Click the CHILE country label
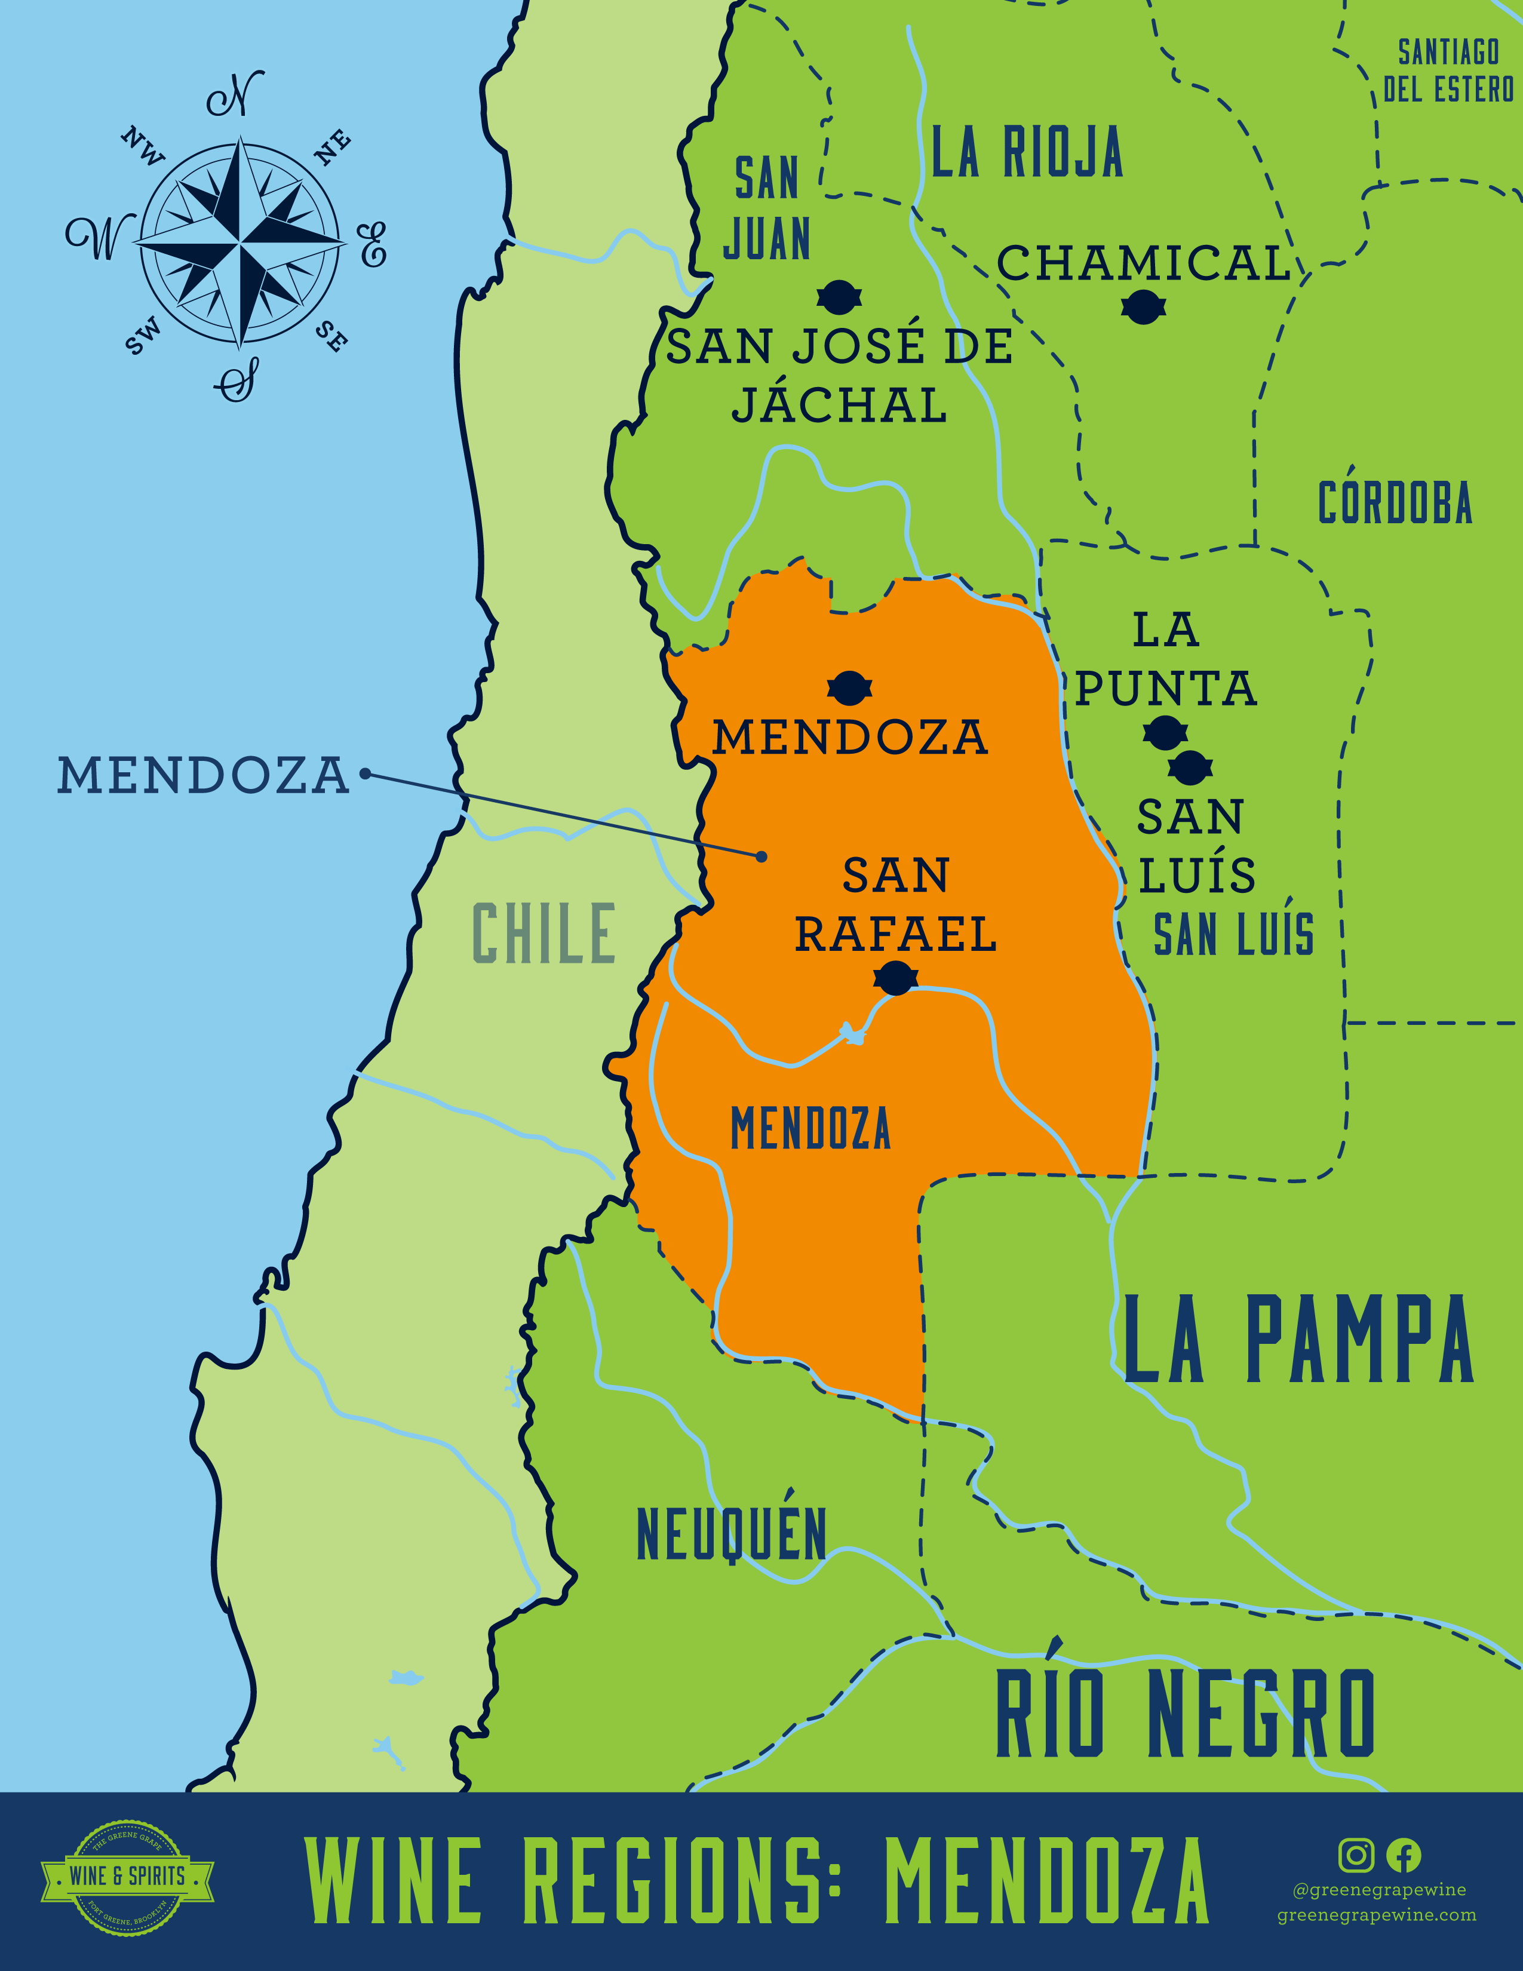(544, 933)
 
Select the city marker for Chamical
(1143, 308)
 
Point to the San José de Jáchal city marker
(839, 297)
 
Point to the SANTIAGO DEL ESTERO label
(1448, 70)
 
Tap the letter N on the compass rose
(237, 93)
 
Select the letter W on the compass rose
(97, 237)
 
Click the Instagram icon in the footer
(1355, 1856)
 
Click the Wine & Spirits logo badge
(127, 1876)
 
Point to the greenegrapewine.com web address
(1377, 1915)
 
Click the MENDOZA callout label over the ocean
(203, 776)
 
